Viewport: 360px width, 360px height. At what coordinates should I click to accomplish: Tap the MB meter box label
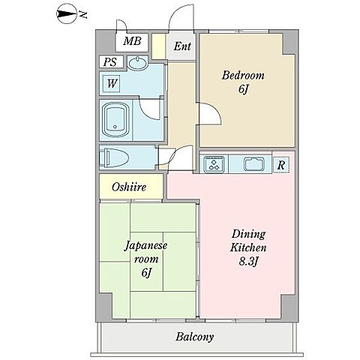coord(132,40)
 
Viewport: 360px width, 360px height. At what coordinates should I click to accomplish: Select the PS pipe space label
coord(111,61)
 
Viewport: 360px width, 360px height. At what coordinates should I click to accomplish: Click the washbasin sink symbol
coord(137,63)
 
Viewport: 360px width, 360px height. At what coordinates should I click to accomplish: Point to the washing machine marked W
coord(112,83)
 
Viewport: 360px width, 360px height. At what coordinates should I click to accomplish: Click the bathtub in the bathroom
coord(116,120)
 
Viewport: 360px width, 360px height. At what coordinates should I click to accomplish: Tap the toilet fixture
coord(114,158)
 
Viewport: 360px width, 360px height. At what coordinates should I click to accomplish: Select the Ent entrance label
coord(182,46)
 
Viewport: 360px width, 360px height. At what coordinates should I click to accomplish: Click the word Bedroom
coord(243,76)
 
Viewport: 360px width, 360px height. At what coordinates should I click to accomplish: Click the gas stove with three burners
coord(214,164)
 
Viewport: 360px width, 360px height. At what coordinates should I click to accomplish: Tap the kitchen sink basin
coord(254,164)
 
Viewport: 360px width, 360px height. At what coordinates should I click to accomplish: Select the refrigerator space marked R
coord(281,165)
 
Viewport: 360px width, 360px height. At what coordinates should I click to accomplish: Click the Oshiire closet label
coord(129,187)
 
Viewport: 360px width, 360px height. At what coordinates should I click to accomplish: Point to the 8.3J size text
coord(248,262)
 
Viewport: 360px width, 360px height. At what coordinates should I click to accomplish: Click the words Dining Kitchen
coord(248,241)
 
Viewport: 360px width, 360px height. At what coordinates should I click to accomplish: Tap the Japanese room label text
coord(146,252)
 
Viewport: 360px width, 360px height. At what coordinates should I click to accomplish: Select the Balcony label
coord(195,337)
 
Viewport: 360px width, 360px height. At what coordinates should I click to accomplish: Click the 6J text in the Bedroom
coord(243,89)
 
